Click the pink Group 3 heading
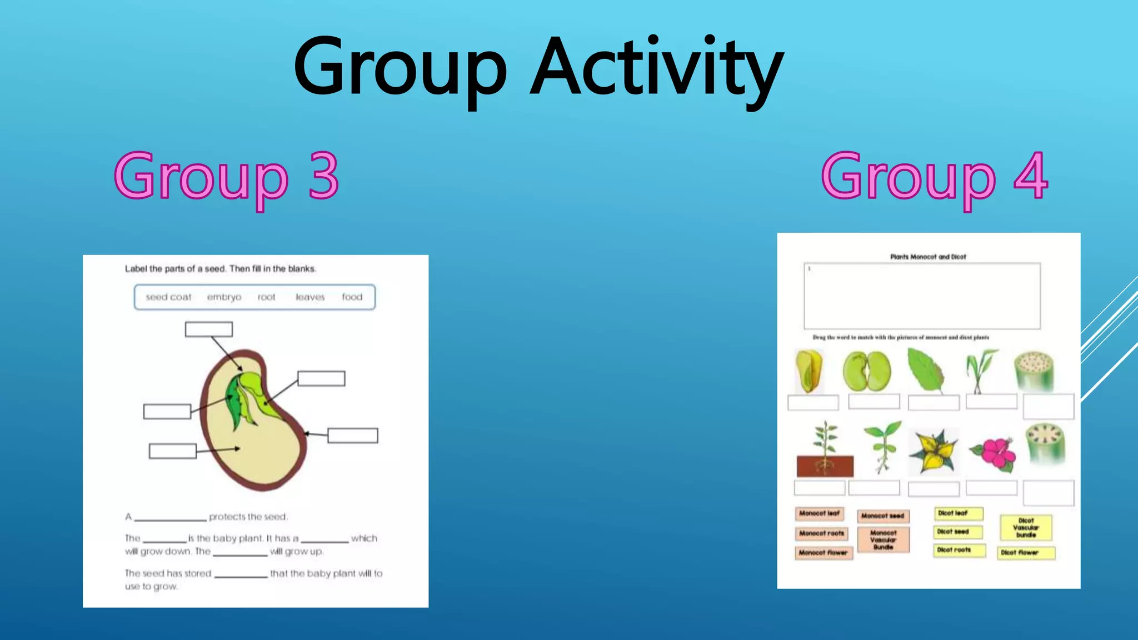[x=227, y=177]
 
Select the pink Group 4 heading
[x=935, y=177]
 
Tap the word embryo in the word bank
[x=224, y=297]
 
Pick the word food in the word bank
[x=352, y=297]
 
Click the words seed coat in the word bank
[x=168, y=297]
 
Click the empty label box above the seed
[x=208, y=329]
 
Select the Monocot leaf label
[x=819, y=513]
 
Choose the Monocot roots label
[x=821, y=533]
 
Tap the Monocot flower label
[x=823, y=553]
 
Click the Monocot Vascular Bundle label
[x=883, y=539]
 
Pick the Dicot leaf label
[x=957, y=513]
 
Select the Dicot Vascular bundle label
[x=1026, y=528]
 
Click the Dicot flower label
[x=1026, y=553]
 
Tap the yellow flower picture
[x=932, y=451]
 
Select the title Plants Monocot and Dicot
[x=928, y=257]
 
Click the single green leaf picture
[x=926, y=370]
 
